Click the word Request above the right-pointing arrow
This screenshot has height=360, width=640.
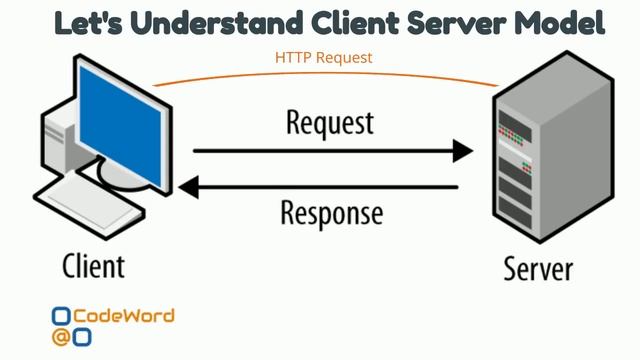329,123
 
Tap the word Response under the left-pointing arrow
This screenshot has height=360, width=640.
331,213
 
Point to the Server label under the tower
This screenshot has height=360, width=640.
537,268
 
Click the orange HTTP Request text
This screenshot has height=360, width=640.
323,58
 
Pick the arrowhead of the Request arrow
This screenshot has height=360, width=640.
462,151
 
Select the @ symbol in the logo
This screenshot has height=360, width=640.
61,337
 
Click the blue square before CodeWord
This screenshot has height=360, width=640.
61,317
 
